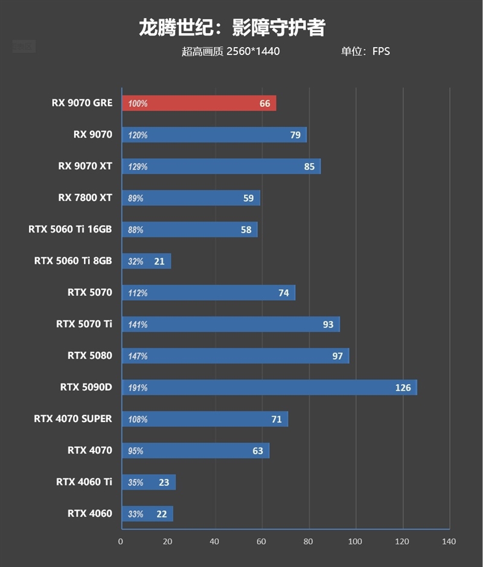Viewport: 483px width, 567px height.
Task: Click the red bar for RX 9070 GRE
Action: (199, 103)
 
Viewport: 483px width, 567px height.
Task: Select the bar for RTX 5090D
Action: (269, 388)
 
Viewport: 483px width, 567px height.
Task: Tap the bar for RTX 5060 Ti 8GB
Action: (146, 261)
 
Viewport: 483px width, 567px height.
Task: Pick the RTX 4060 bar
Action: (147, 514)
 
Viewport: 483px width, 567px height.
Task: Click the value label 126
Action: (403, 388)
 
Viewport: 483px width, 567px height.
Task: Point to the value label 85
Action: (309, 167)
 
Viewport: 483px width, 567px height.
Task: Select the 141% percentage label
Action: (138, 325)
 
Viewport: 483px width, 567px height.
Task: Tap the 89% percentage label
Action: (135, 198)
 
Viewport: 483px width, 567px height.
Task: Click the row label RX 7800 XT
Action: (85, 197)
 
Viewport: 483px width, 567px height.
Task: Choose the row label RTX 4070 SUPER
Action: (73, 418)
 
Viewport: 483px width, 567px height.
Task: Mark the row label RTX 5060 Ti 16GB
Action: (70, 229)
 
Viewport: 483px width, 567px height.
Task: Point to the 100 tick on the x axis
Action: (355, 542)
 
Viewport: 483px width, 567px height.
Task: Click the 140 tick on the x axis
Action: (449, 542)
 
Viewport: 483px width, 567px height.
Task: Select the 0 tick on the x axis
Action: (121, 542)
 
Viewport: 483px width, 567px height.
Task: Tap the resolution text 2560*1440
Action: (253, 51)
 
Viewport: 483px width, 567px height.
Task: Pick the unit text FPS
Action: (381, 51)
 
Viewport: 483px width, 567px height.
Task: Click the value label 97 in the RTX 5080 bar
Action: (337, 356)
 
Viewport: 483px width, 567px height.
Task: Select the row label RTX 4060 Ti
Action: (84, 481)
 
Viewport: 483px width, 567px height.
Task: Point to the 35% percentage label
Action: (135, 482)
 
